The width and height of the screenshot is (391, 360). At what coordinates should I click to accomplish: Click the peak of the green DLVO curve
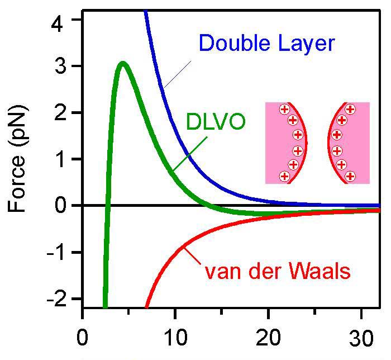(122, 63)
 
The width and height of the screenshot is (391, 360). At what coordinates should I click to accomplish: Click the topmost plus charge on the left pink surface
(284, 109)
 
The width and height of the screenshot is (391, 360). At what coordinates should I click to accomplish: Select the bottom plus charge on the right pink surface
(350, 176)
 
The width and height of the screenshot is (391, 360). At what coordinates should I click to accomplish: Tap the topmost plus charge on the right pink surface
(350, 109)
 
